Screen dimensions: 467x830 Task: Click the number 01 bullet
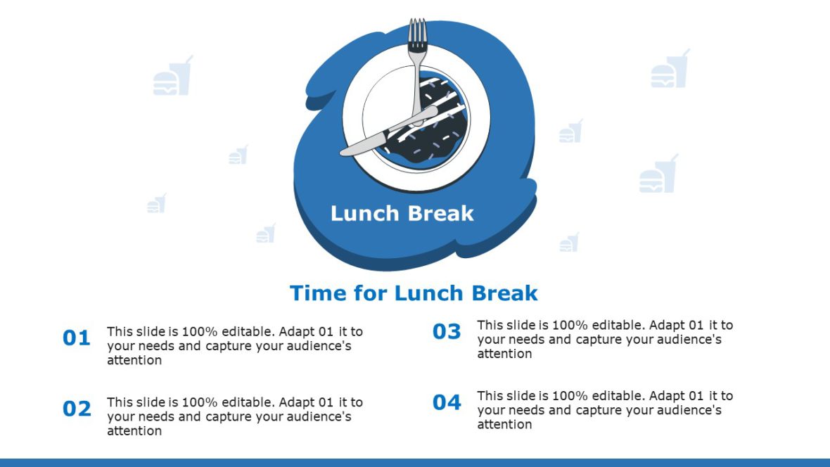tap(77, 338)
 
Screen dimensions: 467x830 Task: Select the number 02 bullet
tap(77, 409)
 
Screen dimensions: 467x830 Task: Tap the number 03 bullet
tap(447, 331)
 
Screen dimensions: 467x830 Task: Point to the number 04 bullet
tap(447, 402)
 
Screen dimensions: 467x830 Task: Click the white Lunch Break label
tap(402, 214)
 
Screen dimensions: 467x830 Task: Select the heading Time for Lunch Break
tap(414, 293)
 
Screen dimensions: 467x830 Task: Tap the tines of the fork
tap(418, 32)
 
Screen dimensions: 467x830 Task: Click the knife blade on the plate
tap(366, 145)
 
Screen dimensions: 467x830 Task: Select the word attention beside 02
tap(134, 430)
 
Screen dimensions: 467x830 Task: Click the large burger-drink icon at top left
tap(172, 76)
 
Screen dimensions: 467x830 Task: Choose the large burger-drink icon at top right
tap(670, 69)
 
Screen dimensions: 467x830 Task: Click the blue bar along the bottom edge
tap(415, 462)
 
